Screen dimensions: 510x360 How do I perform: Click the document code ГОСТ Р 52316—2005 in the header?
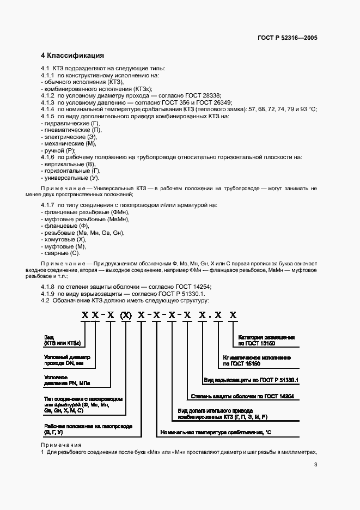click(x=288, y=38)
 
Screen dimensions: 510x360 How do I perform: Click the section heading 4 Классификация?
click(x=72, y=56)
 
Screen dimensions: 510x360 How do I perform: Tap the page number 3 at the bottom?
click(x=315, y=464)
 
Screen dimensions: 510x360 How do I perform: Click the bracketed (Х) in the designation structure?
click(x=125, y=314)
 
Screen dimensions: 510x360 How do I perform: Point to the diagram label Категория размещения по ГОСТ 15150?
click(x=266, y=341)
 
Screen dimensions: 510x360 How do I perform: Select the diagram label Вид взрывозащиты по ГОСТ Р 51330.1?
click(x=248, y=380)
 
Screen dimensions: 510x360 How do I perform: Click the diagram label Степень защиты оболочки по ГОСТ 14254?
click(x=242, y=396)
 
